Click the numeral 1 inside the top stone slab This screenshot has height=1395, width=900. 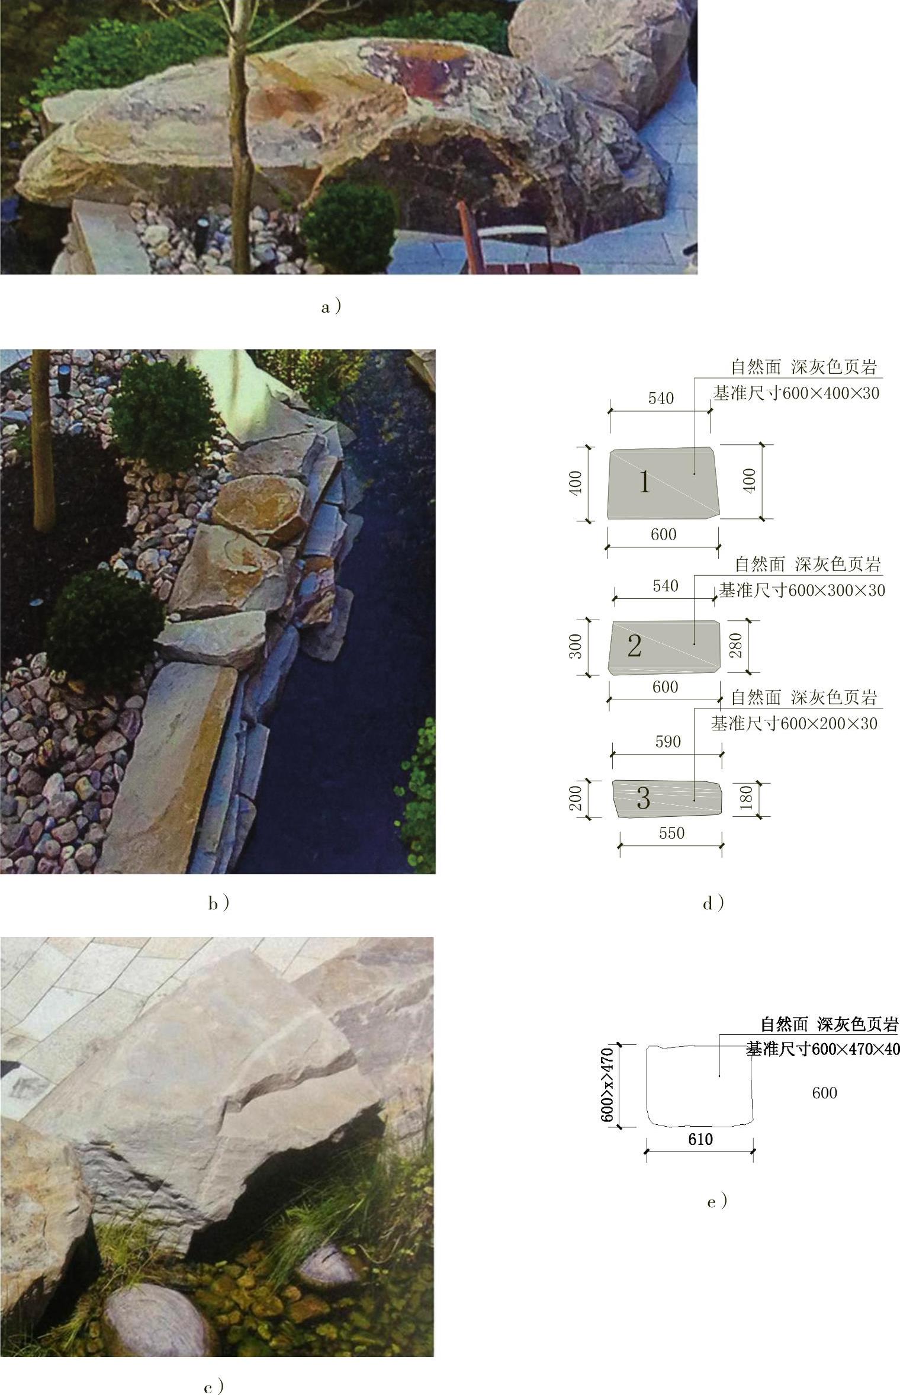(x=645, y=483)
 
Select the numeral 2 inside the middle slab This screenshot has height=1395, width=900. (x=634, y=646)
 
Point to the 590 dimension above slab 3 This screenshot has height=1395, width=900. (x=668, y=742)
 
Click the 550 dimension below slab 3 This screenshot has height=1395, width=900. (x=671, y=833)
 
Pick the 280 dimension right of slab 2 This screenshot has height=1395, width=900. (x=736, y=646)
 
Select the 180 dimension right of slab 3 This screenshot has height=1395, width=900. (x=746, y=798)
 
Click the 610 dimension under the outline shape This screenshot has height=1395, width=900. (x=700, y=1139)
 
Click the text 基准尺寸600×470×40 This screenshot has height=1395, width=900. (x=823, y=1050)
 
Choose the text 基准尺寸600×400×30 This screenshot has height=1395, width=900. (x=796, y=393)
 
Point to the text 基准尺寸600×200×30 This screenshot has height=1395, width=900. (x=794, y=724)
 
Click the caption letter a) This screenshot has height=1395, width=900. (x=331, y=307)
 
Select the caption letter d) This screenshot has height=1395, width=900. (x=713, y=903)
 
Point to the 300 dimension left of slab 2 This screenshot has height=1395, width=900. (x=576, y=646)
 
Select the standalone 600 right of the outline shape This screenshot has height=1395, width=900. (x=824, y=1093)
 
